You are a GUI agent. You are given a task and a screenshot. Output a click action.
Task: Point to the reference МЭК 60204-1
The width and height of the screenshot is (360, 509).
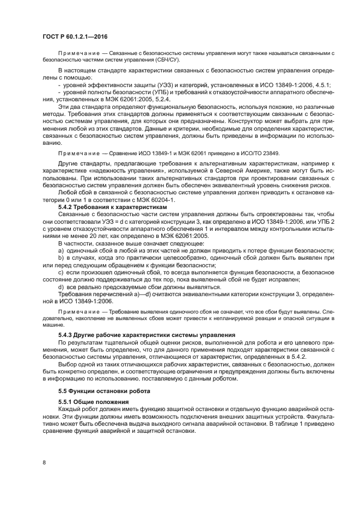click(147, 200)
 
